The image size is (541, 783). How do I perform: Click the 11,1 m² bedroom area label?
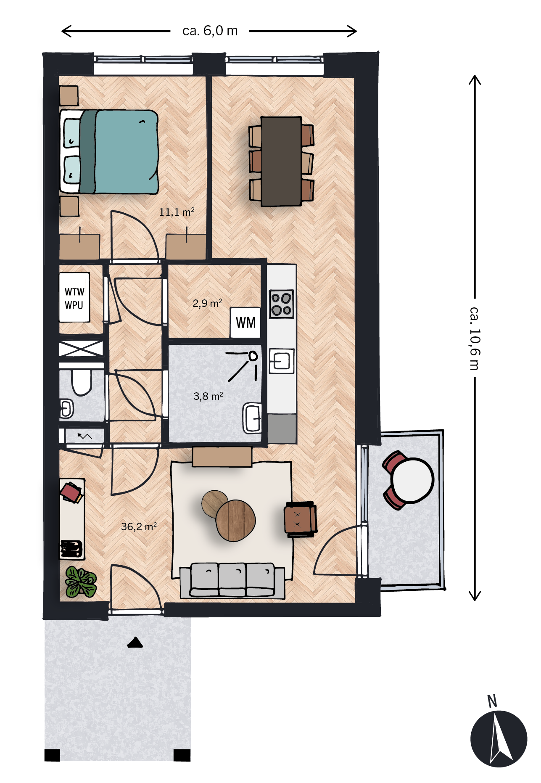(x=177, y=212)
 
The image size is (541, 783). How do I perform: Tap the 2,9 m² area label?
(x=207, y=303)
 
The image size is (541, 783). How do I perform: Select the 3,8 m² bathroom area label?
(x=208, y=396)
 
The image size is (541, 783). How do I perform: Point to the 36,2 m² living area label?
(x=139, y=526)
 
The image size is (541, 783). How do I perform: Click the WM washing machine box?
(x=245, y=323)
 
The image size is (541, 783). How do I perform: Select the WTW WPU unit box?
(x=74, y=297)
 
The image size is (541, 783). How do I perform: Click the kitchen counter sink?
(x=281, y=361)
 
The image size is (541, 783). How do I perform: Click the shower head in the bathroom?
(x=253, y=356)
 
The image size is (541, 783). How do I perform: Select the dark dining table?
(x=281, y=161)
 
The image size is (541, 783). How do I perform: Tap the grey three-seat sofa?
(x=232, y=580)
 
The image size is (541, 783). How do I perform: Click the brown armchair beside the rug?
(x=301, y=519)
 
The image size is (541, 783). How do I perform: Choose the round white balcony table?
(x=412, y=480)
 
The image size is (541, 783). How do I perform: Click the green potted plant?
(x=81, y=582)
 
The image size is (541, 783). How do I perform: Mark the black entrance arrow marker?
(x=135, y=643)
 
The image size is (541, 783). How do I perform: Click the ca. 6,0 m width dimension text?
(x=210, y=31)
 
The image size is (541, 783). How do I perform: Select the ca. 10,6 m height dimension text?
(x=475, y=339)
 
